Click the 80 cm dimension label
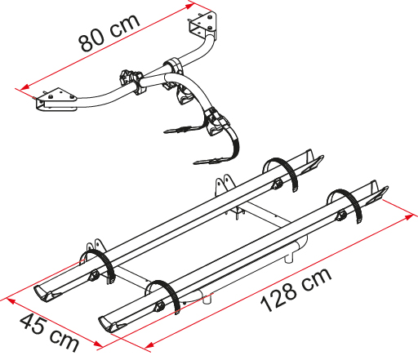[x=109, y=33]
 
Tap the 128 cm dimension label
[x=296, y=290]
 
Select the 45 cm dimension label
[x=50, y=332]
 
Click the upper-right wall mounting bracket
[x=203, y=24]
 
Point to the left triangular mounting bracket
[x=56, y=100]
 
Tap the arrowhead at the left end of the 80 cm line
[x=24, y=87]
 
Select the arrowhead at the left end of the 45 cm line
[x=11, y=300]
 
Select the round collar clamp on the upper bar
[x=174, y=65]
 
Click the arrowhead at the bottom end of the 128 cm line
[x=149, y=345]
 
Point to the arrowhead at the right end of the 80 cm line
[x=189, y=6]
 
